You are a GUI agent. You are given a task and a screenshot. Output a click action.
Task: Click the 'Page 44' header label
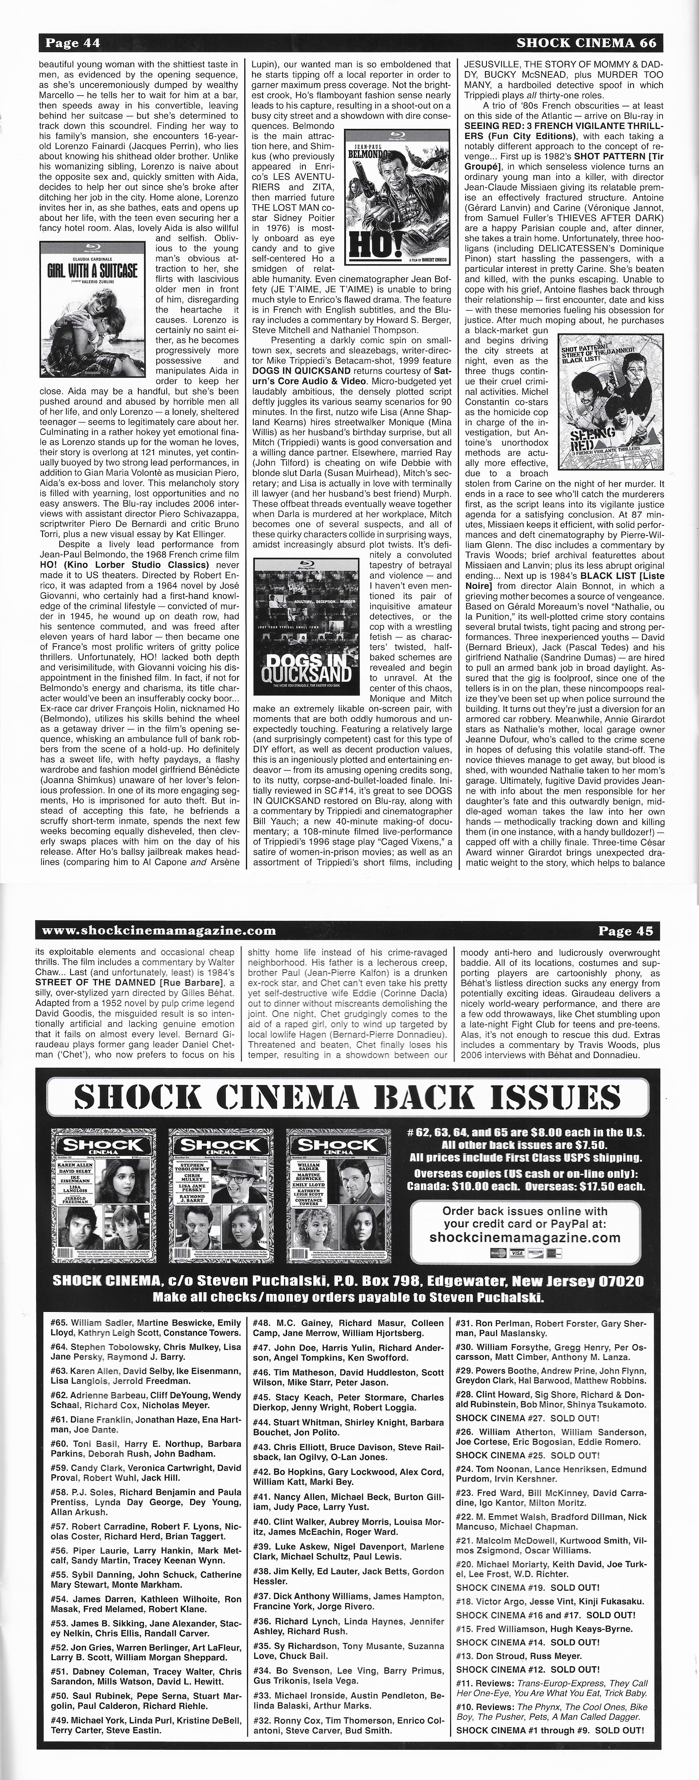(73, 43)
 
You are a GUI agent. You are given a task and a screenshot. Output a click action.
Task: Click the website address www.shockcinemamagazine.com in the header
(159, 930)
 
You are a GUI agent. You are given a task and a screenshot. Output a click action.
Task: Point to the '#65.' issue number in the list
(59, 1323)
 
